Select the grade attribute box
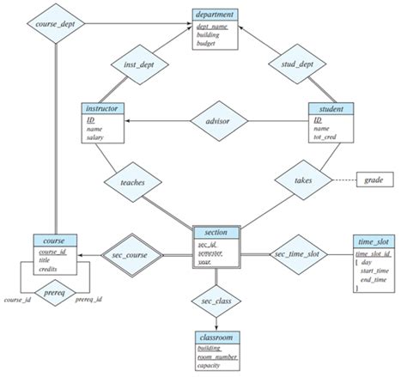pos(374,180)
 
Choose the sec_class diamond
pos(215,303)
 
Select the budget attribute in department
pos(206,41)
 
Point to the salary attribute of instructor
pos(96,138)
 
